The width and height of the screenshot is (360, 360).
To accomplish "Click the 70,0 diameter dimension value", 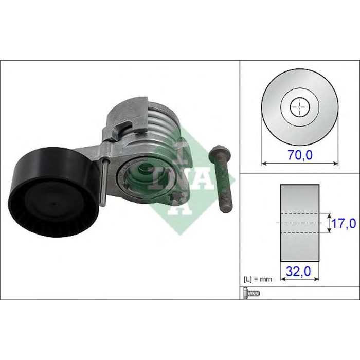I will (x=300, y=154).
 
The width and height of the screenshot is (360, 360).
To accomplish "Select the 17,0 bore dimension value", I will (x=343, y=223).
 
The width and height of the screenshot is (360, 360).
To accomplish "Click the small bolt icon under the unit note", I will (x=251, y=293).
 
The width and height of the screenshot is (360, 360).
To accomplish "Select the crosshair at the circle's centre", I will (x=299, y=107).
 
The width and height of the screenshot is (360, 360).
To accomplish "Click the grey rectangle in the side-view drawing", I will (x=299, y=221).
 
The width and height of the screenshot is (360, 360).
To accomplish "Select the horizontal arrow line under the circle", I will (x=300, y=164).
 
